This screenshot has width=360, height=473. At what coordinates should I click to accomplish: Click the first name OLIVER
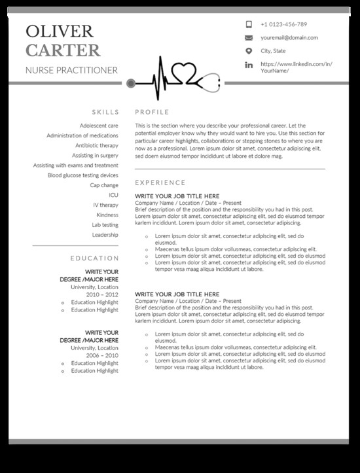pyautogui.click(x=59, y=31)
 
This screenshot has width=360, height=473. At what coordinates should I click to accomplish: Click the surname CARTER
pyautogui.click(x=62, y=50)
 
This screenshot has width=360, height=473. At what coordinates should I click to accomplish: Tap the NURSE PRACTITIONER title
pyautogui.click(x=71, y=70)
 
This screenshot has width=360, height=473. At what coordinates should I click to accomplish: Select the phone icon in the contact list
pyautogui.click(x=249, y=24)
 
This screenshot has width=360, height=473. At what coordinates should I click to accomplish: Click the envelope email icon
pyautogui.click(x=249, y=38)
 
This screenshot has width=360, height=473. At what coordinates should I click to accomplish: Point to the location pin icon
pyautogui.click(x=249, y=51)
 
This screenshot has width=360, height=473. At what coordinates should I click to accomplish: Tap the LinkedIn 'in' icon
pyautogui.click(x=249, y=65)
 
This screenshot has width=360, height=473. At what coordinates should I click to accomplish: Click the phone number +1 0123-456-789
pyautogui.click(x=283, y=24)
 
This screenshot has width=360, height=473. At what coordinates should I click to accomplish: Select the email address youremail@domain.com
pyautogui.click(x=289, y=38)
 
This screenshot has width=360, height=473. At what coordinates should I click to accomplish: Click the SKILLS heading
pyautogui.click(x=105, y=112)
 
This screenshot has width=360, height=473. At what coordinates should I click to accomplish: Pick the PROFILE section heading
pyautogui.click(x=152, y=112)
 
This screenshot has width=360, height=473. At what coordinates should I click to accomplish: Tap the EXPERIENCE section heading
pyautogui.click(x=160, y=183)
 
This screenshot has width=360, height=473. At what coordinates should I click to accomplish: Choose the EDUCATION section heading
pyautogui.click(x=95, y=258)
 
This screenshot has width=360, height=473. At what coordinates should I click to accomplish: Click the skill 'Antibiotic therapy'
pyautogui.click(x=97, y=145)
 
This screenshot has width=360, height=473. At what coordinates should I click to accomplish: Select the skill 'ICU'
pyautogui.click(x=114, y=195)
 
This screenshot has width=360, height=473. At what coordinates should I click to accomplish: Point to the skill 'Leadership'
pyautogui.click(x=105, y=235)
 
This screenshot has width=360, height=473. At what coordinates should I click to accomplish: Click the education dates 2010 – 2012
pyautogui.click(x=103, y=294)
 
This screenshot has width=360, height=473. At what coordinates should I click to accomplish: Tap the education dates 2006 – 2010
pyautogui.click(x=103, y=355)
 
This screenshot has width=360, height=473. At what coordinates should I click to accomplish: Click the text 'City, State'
pyautogui.click(x=274, y=51)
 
